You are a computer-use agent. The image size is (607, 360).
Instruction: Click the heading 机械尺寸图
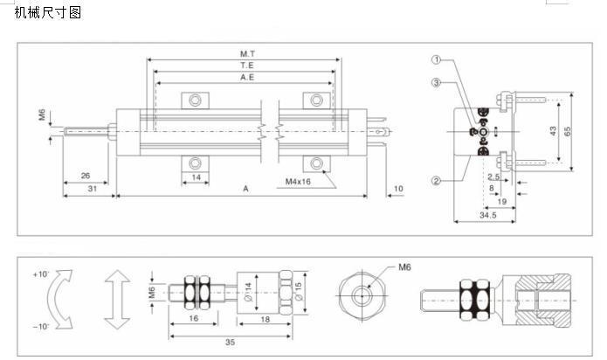pyautogui.click(x=48, y=12)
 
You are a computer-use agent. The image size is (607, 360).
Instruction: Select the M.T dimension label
pyautogui.click(x=247, y=54)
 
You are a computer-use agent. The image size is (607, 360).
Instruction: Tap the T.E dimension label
pyautogui.click(x=247, y=66)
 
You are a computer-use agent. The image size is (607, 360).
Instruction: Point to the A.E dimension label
pyautogui.click(x=247, y=78)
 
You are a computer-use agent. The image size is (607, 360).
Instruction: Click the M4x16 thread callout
pyautogui.click(x=298, y=182)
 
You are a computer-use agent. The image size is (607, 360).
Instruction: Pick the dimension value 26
pyautogui.click(x=86, y=176)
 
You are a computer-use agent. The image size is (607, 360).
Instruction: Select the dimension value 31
pyautogui.click(x=92, y=189)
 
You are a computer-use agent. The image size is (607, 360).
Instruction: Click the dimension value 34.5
pyautogui.click(x=487, y=215)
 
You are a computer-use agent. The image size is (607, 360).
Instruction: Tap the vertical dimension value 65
pyautogui.click(x=568, y=132)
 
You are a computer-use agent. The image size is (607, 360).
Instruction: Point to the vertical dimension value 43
pyautogui.click(x=553, y=131)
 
